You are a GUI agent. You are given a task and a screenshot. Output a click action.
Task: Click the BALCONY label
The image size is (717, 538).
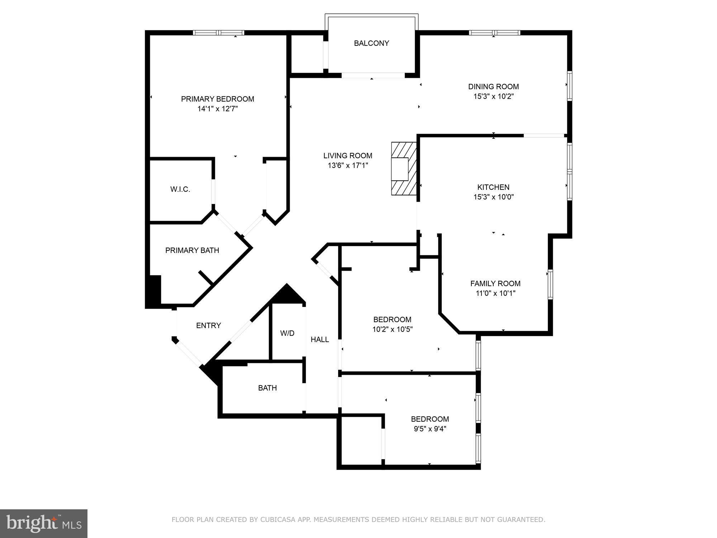(x=371, y=43)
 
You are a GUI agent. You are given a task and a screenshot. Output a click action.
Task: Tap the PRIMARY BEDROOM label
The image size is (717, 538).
(x=217, y=99)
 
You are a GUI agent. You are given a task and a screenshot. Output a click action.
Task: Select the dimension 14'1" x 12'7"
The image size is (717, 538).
(x=217, y=109)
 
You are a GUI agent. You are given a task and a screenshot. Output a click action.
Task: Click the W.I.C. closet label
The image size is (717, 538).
(x=180, y=189)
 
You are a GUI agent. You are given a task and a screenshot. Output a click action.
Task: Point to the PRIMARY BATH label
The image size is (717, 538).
(x=192, y=250)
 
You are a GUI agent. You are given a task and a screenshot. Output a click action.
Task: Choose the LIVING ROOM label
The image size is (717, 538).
(x=347, y=156)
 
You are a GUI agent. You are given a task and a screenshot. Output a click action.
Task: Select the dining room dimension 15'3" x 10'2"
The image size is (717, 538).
(x=493, y=96)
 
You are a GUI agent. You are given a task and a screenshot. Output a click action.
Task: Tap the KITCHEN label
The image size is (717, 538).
(x=493, y=187)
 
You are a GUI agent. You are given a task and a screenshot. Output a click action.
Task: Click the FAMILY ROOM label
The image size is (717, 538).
(x=495, y=283)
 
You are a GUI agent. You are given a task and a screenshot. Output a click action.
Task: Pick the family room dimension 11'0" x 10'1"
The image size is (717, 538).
(x=495, y=293)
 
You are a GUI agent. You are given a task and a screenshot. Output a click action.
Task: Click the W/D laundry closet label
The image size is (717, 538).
(x=287, y=333)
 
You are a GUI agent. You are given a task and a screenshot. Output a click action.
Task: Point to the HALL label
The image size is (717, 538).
(x=319, y=339)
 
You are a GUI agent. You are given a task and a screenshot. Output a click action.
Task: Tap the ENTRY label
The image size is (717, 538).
(x=208, y=325)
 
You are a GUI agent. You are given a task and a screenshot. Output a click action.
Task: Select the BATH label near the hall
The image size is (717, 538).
(x=267, y=388)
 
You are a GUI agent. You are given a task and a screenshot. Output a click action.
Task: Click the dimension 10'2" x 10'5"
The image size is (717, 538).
(x=392, y=329)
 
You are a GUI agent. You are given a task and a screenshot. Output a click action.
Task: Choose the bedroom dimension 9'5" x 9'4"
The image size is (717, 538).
(x=429, y=429)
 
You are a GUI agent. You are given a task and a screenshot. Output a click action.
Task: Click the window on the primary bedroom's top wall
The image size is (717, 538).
(x=218, y=33)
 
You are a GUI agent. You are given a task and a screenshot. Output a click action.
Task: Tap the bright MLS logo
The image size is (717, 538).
(x=44, y=524)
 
